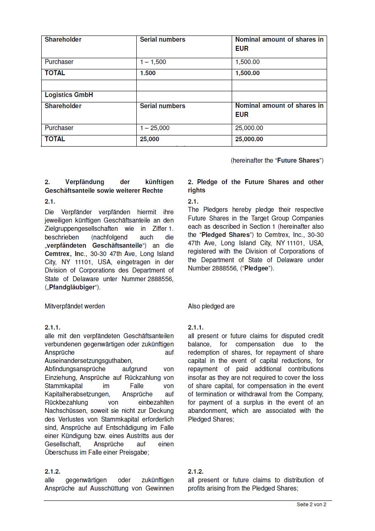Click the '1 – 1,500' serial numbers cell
153,62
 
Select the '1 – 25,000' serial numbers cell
155,128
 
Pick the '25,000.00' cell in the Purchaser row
249,128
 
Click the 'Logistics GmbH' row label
69,95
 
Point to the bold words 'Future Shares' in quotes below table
298,161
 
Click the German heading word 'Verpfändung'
85,182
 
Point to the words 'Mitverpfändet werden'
75,306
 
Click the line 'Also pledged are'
211,306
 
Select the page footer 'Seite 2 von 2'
311,505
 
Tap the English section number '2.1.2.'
196,472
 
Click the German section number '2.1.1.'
52,327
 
